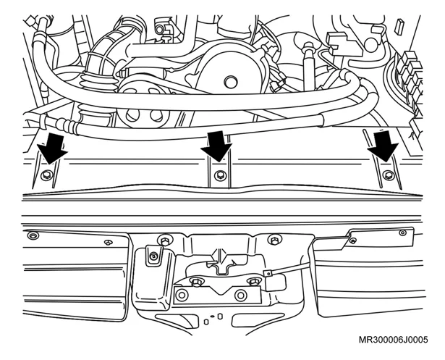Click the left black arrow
(53, 149)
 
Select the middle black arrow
(216, 146)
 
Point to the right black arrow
(383, 146)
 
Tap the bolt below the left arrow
(46, 175)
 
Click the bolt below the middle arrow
(219, 175)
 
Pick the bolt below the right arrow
(389, 175)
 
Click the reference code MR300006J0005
(393, 340)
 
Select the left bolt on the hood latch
(196, 282)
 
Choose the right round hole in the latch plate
(240, 295)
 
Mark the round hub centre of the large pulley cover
(230, 83)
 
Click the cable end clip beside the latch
(267, 274)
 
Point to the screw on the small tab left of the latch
(153, 255)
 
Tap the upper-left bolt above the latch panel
(164, 240)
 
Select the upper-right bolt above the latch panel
(274, 240)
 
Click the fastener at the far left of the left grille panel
(33, 235)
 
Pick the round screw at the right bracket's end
(402, 233)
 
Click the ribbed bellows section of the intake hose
(97, 83)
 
